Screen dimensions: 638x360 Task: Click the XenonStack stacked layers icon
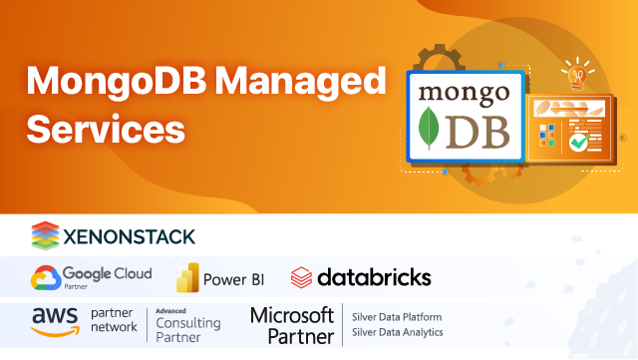point(47,235)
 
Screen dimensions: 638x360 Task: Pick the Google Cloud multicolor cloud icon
point(45,276)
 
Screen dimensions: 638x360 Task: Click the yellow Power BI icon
point(186,277)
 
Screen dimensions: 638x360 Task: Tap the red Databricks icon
point(301,276)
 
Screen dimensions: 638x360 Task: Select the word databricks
point(374,276)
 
